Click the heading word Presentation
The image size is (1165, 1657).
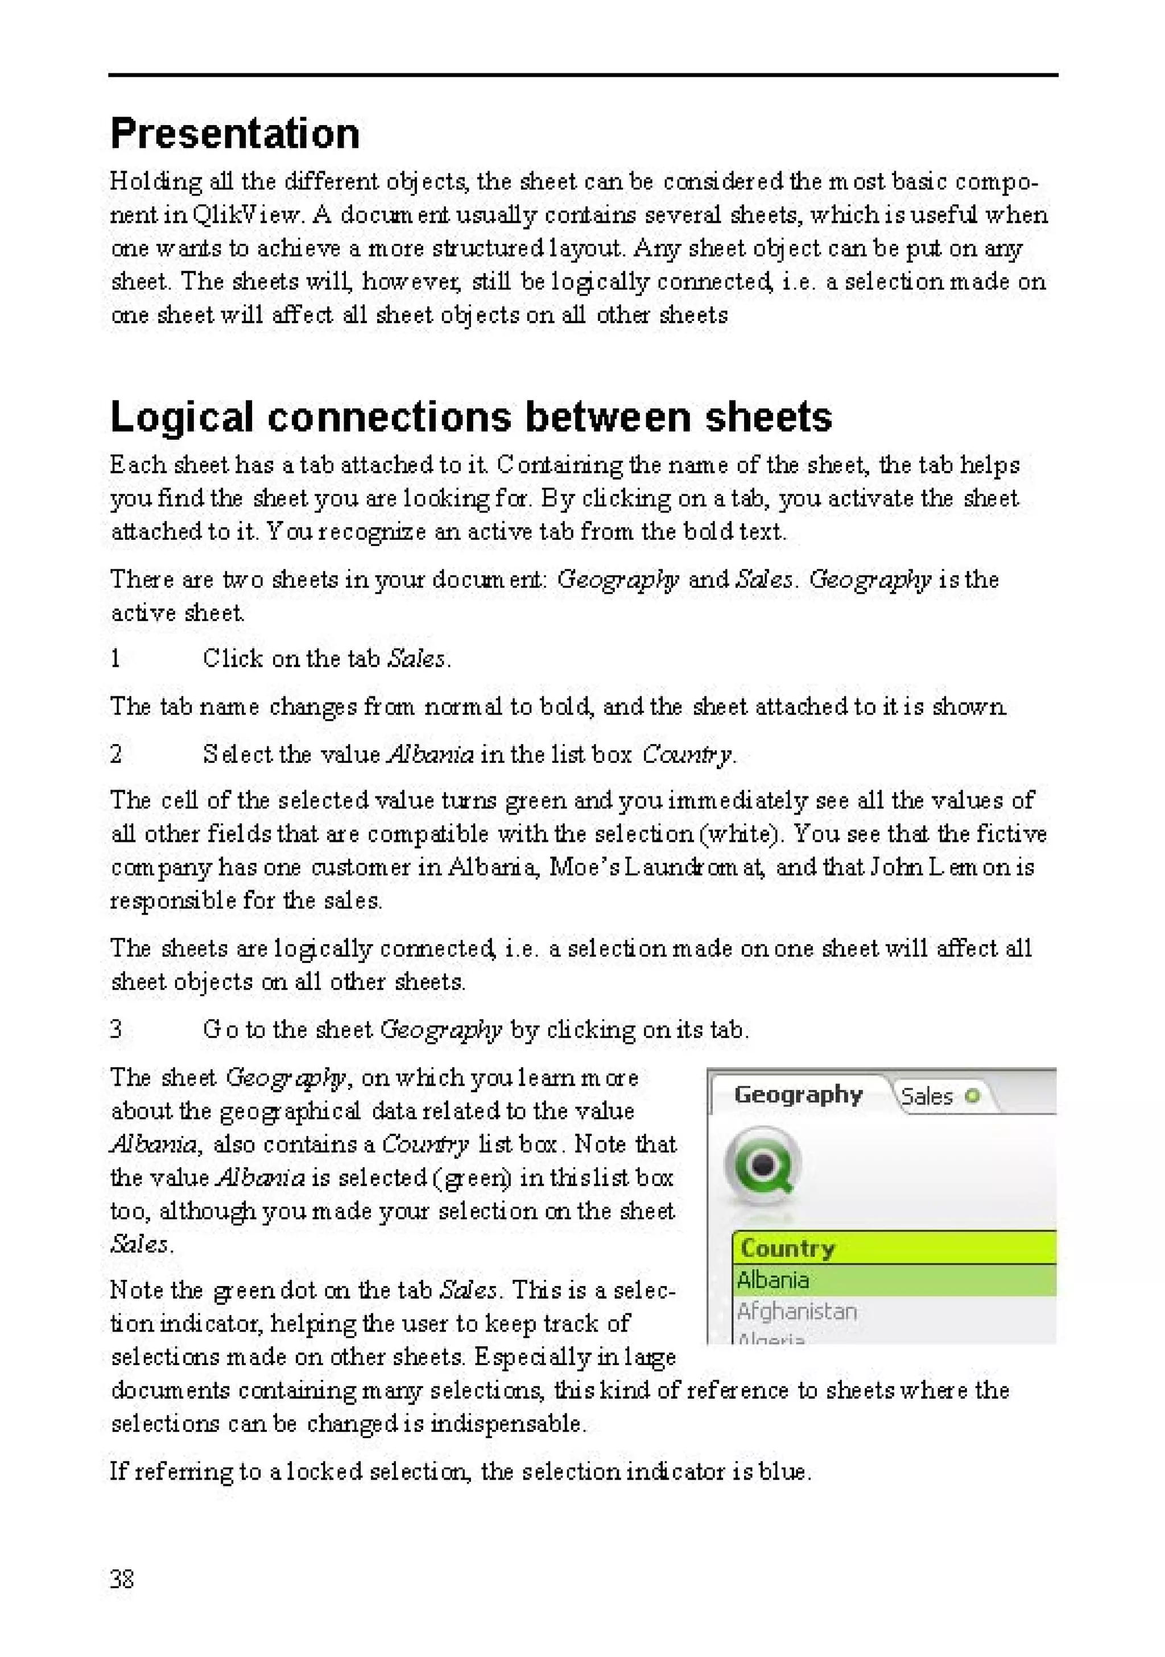(234, 134)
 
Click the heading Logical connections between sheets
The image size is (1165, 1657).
(470, 417)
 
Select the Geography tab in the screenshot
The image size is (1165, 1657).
(798, 1096)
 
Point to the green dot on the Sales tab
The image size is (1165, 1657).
(972, 1097)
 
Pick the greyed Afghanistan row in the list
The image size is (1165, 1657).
(797, 1311)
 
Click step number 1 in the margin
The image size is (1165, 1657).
(115, 658)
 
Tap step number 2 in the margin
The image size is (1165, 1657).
(116, 754)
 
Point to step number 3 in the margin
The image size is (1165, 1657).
(116, 1028)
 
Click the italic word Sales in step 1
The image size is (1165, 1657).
(416, 658)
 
